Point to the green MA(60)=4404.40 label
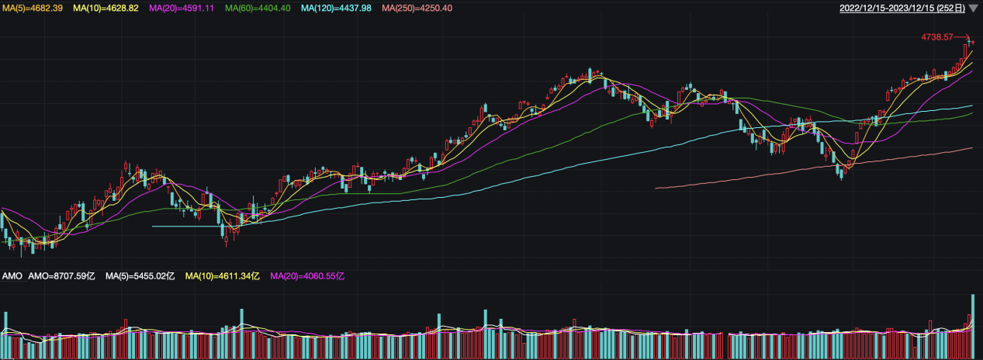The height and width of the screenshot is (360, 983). (258, 8)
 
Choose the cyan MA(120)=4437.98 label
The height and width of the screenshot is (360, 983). (338, 8)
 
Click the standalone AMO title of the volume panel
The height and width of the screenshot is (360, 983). (12, 276)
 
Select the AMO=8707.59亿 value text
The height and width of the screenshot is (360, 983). (61, 276)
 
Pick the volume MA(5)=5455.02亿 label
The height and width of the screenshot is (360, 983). (140, 276)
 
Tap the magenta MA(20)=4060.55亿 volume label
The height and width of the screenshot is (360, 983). (306, 276)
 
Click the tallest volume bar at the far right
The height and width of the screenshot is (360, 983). (972, 326)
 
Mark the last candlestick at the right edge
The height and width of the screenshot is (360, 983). (972, 42)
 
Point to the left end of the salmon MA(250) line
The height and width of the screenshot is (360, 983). (656, 187)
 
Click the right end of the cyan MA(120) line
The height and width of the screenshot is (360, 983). (971, 106)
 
